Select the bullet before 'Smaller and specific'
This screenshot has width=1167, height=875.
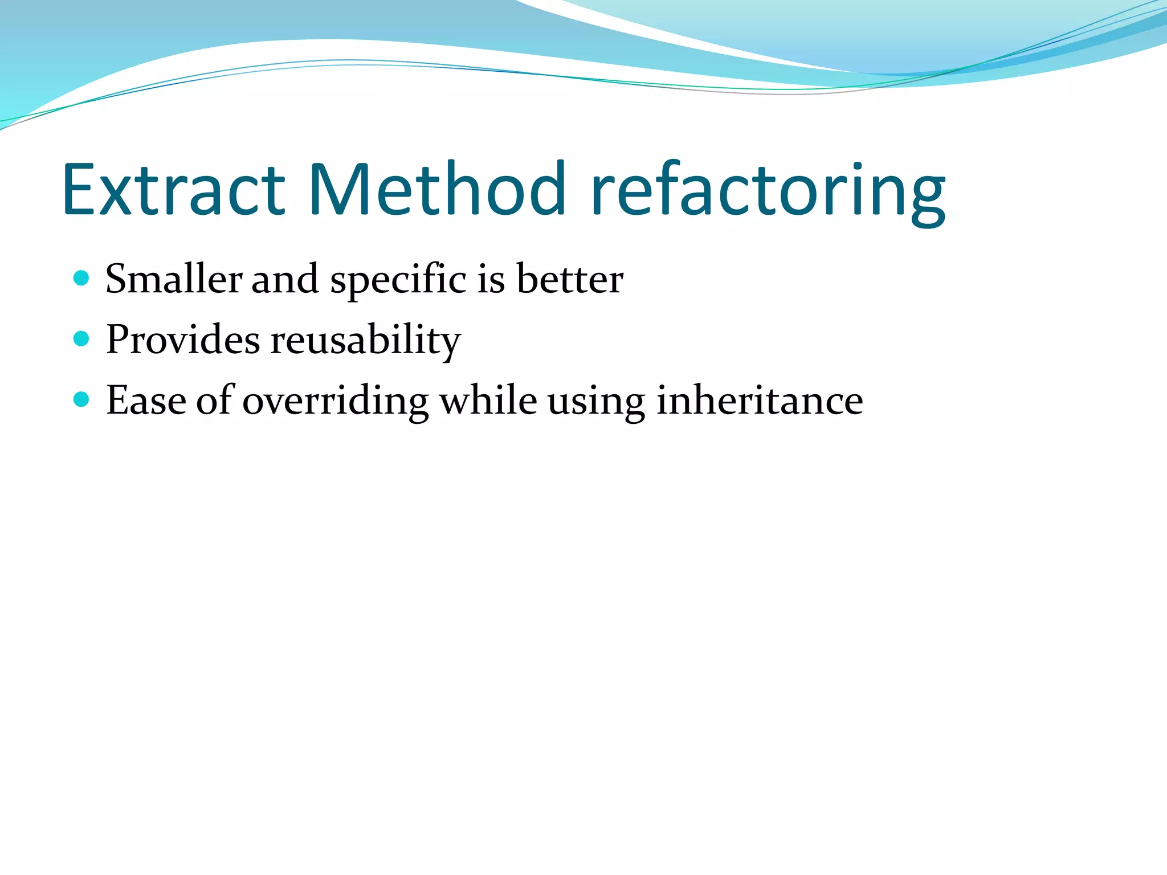pos(82,278)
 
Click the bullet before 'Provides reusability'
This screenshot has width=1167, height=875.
pos(82,339)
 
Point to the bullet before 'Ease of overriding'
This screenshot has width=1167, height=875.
pos(82,399)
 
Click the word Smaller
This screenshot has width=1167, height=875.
pos(174,279)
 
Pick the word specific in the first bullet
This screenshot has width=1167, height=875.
pos(398,280)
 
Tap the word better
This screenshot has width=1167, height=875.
pos(570,279)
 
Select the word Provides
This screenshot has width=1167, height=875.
pos(183,340)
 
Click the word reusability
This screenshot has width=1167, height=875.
pos(365,341)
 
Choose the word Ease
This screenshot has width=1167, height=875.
pos(146,400)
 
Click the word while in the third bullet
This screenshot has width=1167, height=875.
pos(488,400)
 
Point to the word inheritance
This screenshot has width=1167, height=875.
pos(760,400)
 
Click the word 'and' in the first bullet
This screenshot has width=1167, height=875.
pos(285,279)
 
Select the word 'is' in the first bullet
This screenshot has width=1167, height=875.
pos(491,279)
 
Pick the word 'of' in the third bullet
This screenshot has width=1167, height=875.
pos(215,400)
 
